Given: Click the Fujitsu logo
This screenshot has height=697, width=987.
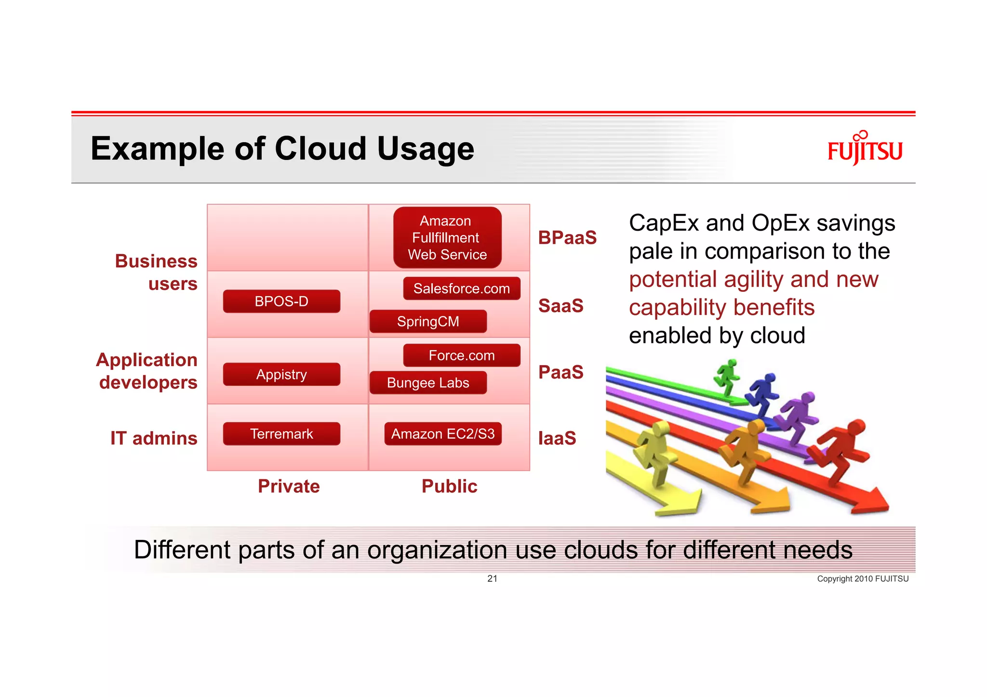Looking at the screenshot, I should [865, 149].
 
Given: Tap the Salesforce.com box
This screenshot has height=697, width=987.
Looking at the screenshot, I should [462, 289].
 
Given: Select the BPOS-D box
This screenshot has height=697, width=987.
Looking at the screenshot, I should [281, 302].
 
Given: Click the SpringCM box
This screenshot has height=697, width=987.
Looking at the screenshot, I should [428, 322].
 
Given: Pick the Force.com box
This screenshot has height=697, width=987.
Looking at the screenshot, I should [462, 355].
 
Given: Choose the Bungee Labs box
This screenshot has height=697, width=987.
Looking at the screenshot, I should [428, 383].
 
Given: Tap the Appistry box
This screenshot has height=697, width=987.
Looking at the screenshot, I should [281, 374].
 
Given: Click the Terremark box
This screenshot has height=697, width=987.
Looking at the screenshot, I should [281, 434].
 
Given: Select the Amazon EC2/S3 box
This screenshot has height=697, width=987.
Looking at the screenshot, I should [443, 434].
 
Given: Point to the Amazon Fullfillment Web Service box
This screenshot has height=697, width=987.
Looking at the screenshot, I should [447, 237].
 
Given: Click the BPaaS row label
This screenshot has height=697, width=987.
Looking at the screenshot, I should [567, 238].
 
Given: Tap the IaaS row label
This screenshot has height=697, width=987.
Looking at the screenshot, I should [557, 438].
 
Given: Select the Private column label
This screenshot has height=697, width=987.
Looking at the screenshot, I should [289, 487].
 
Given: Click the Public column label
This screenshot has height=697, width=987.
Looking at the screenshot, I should [449, 487].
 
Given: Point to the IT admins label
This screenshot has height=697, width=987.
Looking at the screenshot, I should [154, 438].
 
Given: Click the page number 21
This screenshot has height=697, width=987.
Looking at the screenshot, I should [492, 579].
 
